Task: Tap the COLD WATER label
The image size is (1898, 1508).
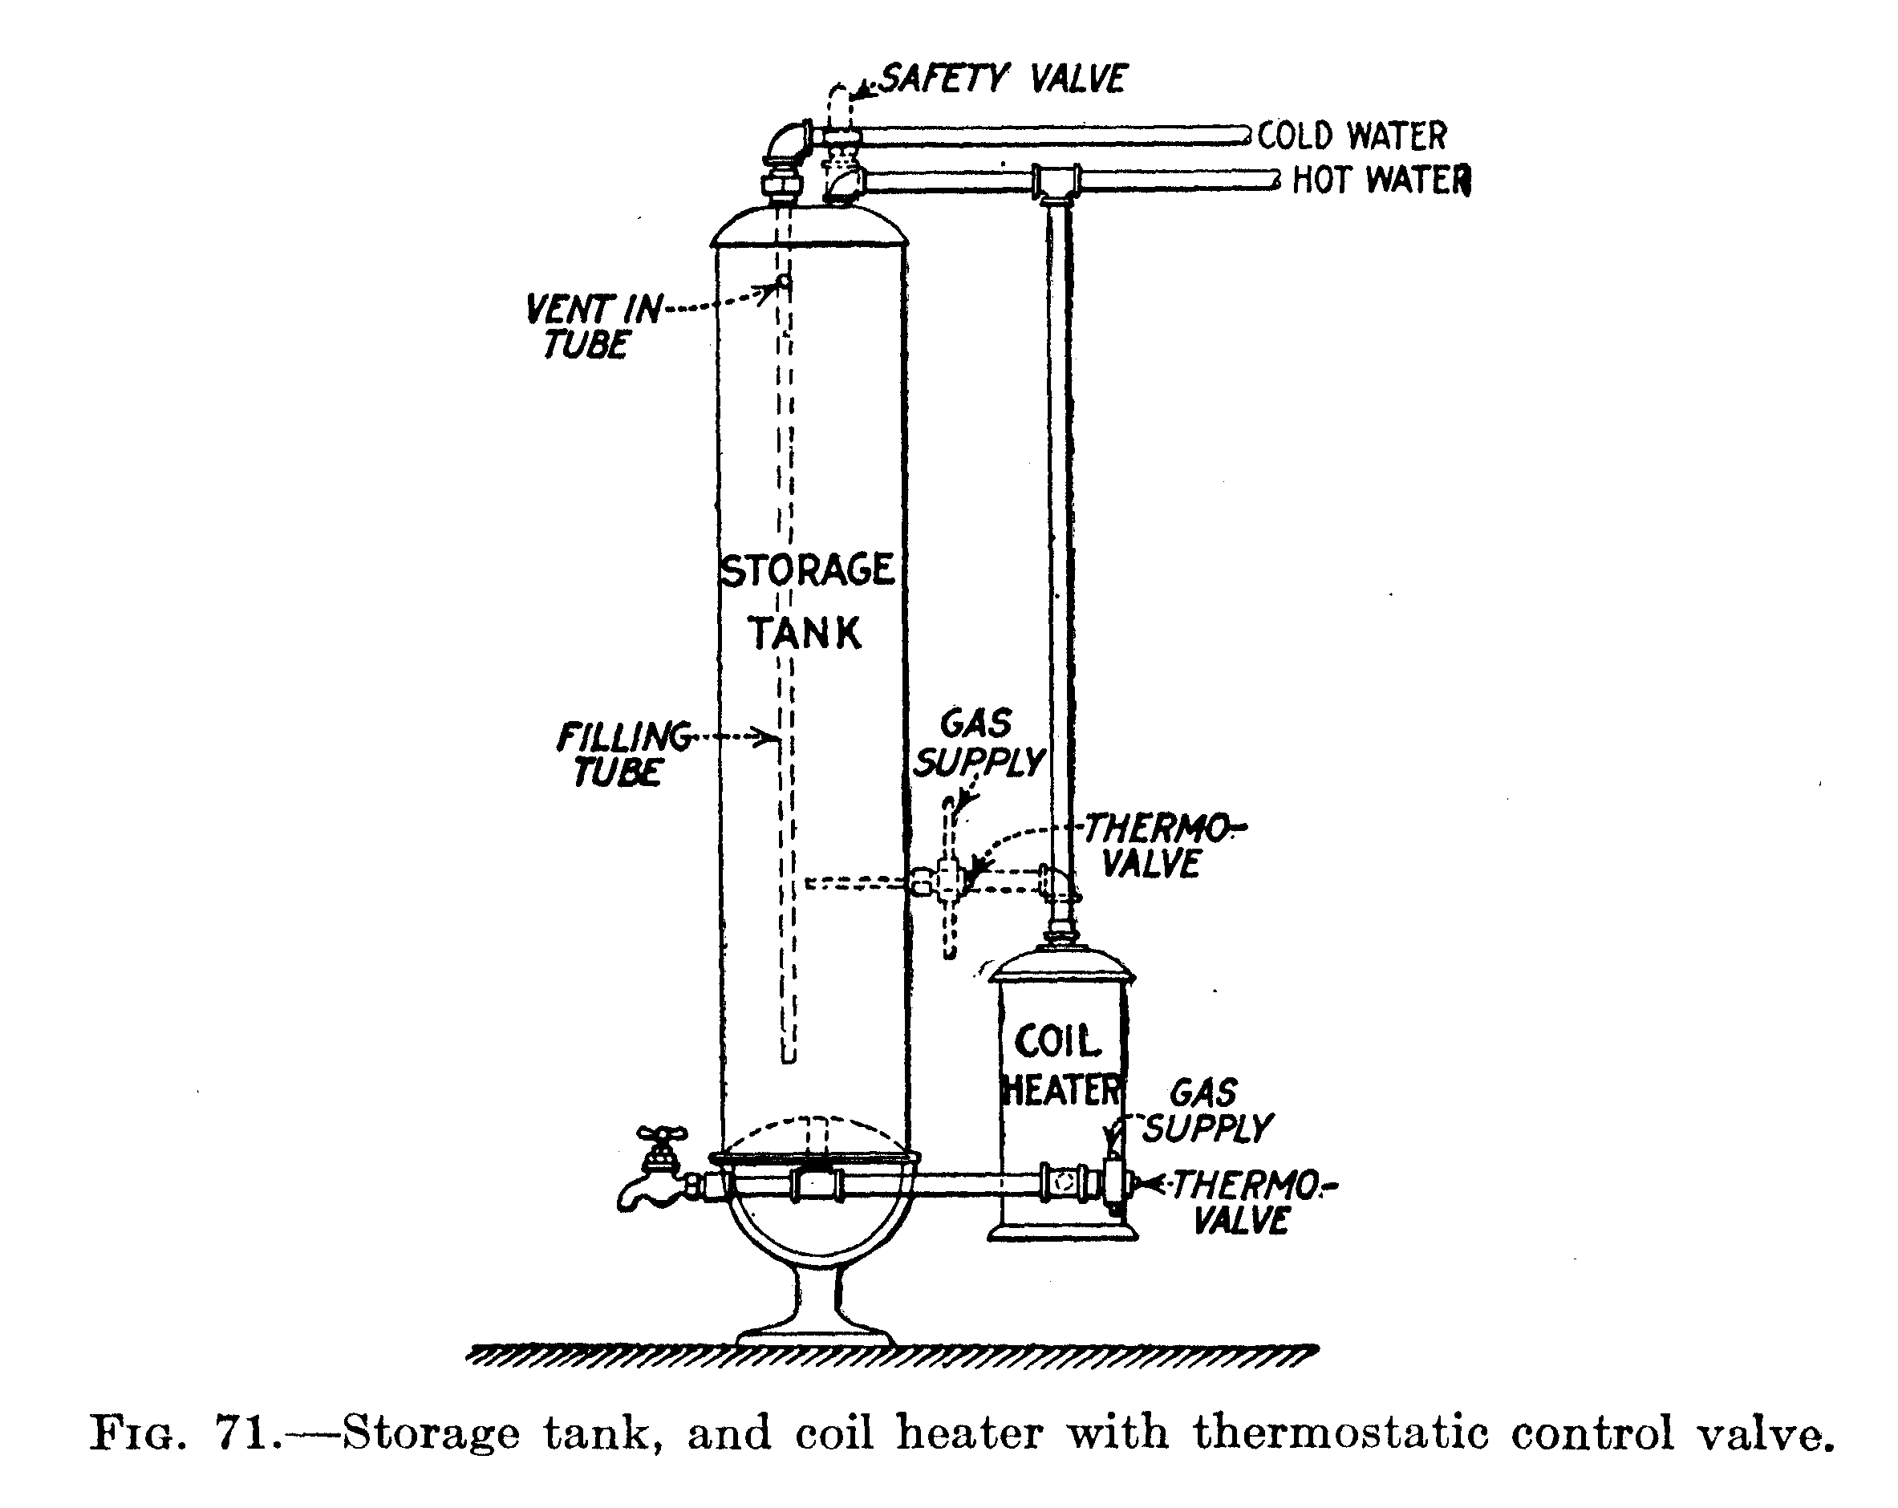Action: point(1353,136)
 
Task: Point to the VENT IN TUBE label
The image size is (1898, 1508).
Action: point(590,326)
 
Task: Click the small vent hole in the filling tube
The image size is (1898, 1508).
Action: point(781,283)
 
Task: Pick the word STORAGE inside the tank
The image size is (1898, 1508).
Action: point(807,570)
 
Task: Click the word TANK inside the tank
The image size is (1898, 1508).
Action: point(805,633)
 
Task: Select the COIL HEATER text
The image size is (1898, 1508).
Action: point(1061,1066)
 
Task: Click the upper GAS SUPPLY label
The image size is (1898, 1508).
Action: point(978,744)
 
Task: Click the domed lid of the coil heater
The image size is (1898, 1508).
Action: point(1061,965)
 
